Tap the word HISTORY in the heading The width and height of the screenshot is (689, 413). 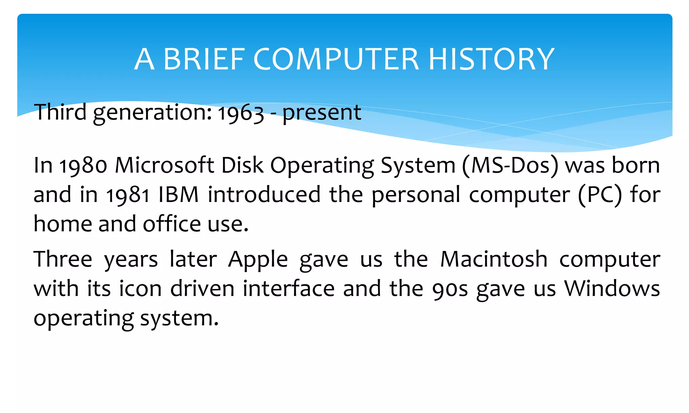[491, 59]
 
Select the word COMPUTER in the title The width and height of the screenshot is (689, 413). [336, 59]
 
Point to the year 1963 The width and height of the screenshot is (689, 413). [241, 113]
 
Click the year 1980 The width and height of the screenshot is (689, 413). [83, 166]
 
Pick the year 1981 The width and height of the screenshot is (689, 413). [128, 195]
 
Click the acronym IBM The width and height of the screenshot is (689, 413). [179, 195]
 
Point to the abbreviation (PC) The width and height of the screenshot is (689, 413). [600, 195]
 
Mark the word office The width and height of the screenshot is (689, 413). [172, 224]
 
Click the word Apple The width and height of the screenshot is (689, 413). [258, 260]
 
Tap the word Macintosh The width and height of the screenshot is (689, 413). [494, 259]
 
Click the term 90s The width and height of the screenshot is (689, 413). [450, 289]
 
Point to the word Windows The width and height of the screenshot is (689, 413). [612, 289]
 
